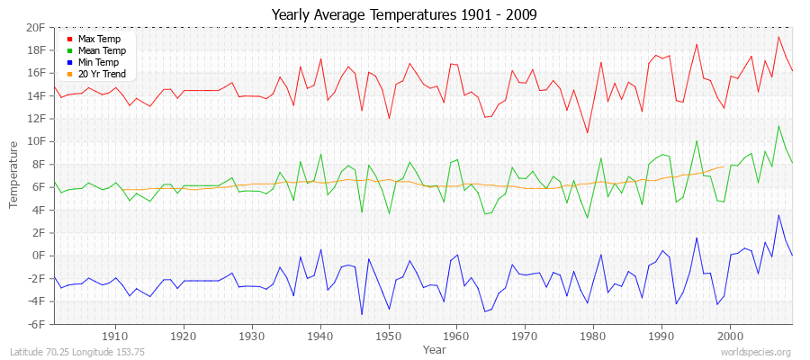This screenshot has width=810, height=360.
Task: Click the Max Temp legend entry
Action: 98,40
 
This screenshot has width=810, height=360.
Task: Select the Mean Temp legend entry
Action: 100,51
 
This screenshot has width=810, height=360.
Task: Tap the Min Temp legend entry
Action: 98,62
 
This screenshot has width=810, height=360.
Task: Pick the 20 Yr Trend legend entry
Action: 102,74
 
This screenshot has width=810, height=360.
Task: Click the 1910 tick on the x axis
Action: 115,335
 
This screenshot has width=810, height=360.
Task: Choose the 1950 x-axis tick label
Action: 388,335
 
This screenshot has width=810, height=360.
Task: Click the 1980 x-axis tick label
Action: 593,335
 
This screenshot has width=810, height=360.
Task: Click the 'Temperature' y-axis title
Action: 14,175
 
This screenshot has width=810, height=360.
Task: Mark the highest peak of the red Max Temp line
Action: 778,37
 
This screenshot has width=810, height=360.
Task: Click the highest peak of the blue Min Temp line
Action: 778,215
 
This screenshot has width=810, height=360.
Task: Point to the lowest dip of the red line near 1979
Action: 587,133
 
